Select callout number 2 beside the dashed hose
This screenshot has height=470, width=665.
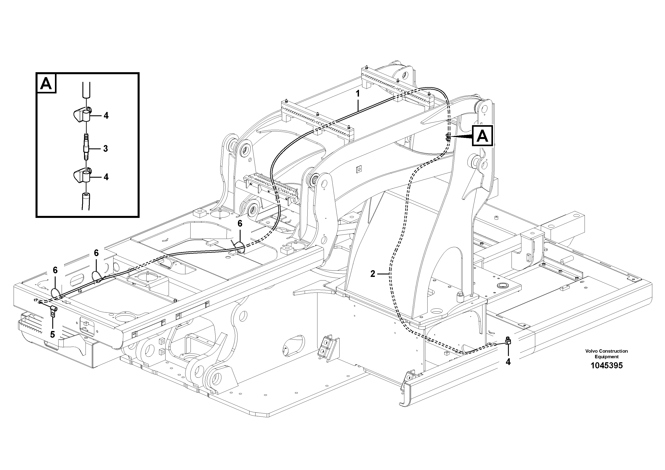(x=373, y=274)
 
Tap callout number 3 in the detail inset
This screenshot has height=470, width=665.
(x=105, y=149)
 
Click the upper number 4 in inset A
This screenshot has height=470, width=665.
(x=106, y=116)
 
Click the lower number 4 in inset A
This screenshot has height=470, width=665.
(x=106, y=177)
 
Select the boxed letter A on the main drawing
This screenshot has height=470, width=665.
(x=482, y=136)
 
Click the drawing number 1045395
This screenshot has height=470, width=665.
(x=606, y=365)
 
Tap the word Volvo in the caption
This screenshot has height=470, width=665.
(x=592, y=351)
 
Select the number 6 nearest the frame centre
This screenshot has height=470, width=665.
(x=240, y=223)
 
